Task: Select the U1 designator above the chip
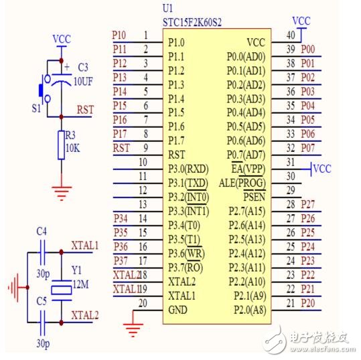coord(170,9)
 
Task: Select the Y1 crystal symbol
coord(62,288)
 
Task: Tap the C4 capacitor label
coord(42,232)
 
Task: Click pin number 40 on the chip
coord(291,35)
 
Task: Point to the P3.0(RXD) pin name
coord(188,168)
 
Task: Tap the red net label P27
coord(308,204)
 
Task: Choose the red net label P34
coord(121,218)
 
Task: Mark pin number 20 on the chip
coord(142,303)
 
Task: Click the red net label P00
coord(308,49)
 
